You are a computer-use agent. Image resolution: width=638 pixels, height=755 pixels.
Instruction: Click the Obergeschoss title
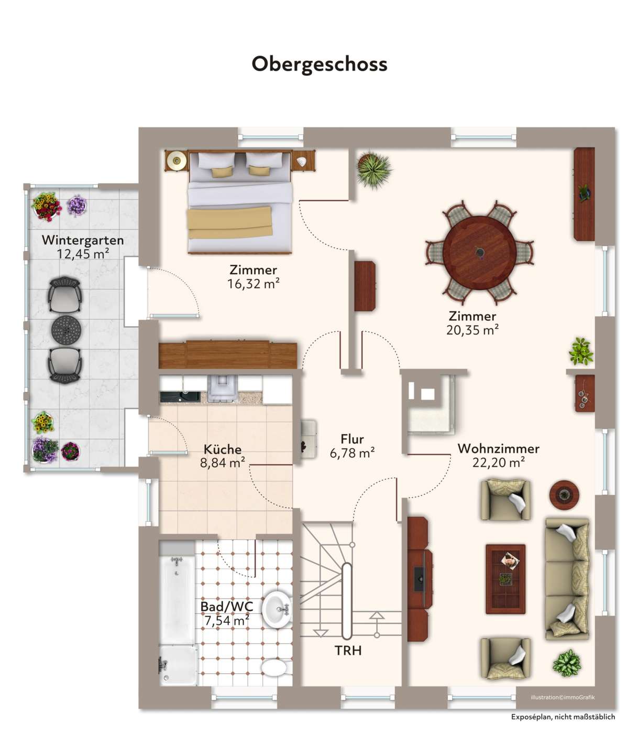click(x=320, y=64)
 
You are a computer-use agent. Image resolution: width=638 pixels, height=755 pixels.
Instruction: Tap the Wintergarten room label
click(x=83, y=240)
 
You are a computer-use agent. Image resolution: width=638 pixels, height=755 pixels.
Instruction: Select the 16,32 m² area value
click(x=254, y=284)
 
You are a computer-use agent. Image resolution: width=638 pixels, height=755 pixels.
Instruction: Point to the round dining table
click(x=479, y=252)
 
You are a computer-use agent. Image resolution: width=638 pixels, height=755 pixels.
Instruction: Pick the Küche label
click(x=223, y=449)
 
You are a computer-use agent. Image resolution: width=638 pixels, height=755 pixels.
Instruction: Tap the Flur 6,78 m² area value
click(x=352, y=454)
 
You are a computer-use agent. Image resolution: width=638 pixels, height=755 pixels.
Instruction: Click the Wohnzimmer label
click(x=499, y=449)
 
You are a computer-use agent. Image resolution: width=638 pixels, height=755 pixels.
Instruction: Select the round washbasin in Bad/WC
click(x=277, y=609)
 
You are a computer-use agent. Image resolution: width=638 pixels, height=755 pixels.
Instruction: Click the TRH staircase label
click(x=348, y=651)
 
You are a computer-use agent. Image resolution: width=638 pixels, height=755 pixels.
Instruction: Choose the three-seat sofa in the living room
click(x=567, y=579)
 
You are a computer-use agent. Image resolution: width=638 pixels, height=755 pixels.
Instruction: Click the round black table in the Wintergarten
click(x=67, y=329)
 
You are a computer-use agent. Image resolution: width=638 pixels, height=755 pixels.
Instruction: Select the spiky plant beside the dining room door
click(x=373, y=170)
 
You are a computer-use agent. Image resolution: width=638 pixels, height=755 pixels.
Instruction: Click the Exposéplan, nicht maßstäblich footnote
click(x=563, y=727)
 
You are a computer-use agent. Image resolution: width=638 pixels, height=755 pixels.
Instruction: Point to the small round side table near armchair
click(x=564, y=495)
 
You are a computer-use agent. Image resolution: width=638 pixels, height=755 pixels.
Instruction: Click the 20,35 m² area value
click(x=472, y=330)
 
